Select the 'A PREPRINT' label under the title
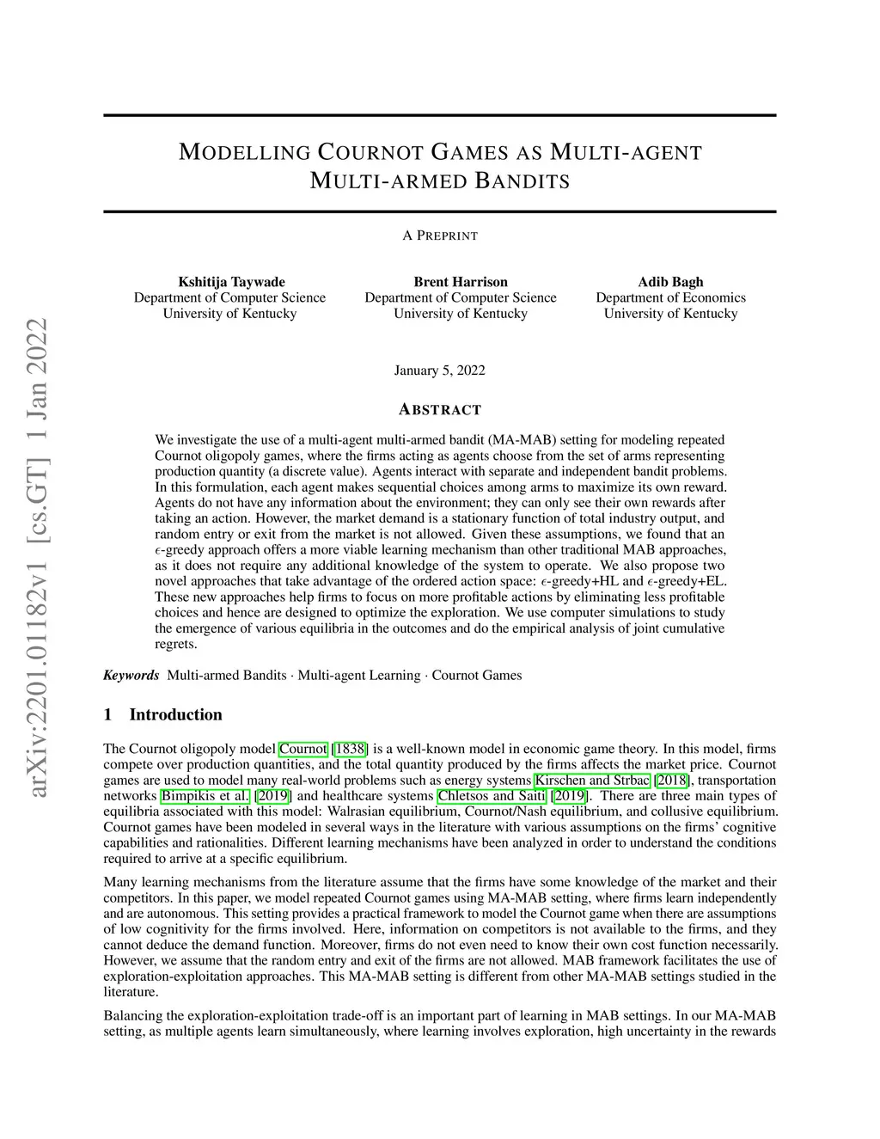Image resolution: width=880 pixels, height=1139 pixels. (440, 236)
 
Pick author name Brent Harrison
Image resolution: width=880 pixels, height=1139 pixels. (461, 282)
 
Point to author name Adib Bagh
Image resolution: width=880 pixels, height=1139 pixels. (670, 282)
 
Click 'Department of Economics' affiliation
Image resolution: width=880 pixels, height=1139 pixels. (670, 297)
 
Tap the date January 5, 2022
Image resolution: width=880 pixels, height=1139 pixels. (440, 370)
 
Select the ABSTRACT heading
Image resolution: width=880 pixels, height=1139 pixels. (440, 410)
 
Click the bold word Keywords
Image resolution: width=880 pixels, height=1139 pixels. (131, 675)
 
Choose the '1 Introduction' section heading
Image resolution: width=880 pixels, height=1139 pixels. (162, 714)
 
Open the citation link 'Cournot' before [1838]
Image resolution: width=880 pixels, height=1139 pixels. (303, 749)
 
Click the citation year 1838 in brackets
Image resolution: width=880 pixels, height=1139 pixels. (350, 749)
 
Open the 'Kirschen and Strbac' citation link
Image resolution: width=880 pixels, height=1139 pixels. (593, 780)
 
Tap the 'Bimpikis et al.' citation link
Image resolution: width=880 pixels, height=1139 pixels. (205, 795)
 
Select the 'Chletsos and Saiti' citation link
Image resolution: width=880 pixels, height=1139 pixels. (492, 795)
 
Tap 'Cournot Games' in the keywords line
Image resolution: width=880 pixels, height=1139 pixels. (477, 675)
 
